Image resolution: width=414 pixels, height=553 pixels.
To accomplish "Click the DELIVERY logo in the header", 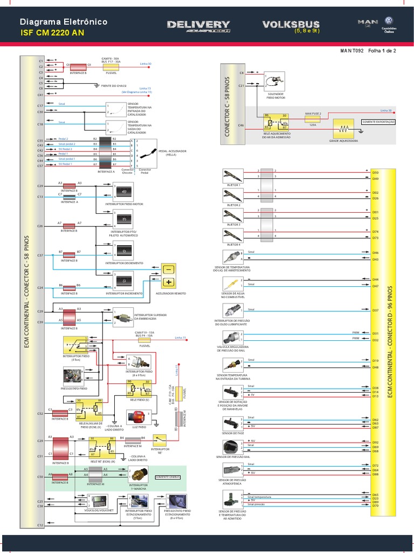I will [x=198, y=25].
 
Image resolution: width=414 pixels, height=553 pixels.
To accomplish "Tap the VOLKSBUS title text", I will [x=291, y=24].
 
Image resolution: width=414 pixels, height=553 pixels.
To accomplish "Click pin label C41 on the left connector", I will [x=40, y=95].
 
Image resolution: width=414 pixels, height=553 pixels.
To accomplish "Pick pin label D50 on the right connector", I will [x=375, y=172].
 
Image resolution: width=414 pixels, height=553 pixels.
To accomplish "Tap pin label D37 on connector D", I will [x=375, y=311].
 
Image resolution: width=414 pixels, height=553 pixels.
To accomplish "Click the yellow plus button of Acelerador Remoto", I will [x=168, y=282].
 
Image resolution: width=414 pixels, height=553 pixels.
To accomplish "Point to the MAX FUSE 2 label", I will [x=313, y=114].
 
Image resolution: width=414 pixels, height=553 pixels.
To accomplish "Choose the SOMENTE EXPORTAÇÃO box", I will [x=378, y=122].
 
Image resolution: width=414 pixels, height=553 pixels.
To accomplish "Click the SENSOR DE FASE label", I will [x=233, y=433].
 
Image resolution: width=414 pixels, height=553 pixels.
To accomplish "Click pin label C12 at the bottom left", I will [x=40, y=525].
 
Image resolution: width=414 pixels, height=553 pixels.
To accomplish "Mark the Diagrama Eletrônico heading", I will [x=63, y=22].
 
